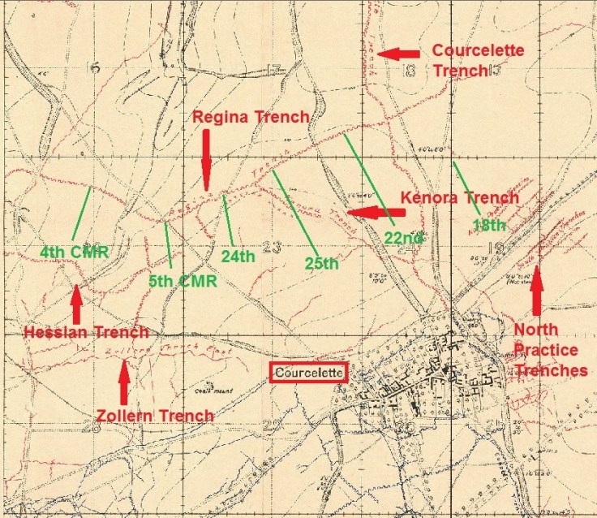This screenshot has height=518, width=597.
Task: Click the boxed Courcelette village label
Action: point(308,373)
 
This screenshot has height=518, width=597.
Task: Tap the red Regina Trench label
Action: point(251,117)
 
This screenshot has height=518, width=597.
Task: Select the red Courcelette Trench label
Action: point(478,60)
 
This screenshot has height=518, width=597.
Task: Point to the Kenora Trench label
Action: point(460,197)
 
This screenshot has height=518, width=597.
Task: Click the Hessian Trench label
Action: point(86,332)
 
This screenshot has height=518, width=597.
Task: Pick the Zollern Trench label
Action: point(155,416)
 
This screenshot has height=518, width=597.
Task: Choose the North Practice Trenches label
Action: point(551,350)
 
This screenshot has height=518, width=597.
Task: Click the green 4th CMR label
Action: point(74,251)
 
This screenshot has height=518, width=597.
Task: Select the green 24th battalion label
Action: point(238,257)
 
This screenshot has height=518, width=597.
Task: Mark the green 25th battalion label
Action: point(321,262)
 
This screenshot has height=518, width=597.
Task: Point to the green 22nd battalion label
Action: point(403,237)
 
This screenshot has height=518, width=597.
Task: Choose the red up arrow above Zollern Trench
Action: point(124,382)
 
